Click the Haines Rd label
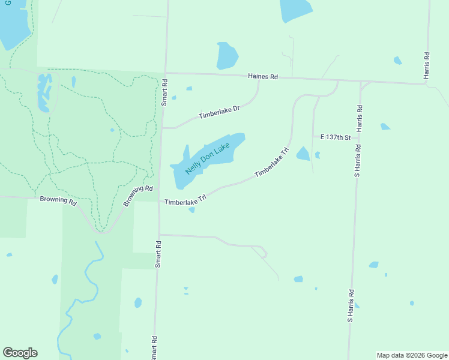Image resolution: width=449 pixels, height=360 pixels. click(264, 77)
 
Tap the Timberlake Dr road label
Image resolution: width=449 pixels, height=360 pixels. click(219, 112)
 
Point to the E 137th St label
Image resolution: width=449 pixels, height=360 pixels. click(335, 137)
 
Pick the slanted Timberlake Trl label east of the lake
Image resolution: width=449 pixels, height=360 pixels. click(272, 163)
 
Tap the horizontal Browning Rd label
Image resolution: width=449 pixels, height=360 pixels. click(58, 200)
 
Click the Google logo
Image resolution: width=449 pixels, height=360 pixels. click(20, 353)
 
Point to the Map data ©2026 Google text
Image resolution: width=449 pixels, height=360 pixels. click(412, 355)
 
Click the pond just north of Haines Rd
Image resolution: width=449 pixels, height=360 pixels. click(227, 56)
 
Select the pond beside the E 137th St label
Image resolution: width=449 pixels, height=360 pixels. click(303, 154)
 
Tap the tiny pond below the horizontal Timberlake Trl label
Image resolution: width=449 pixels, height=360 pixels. click(191, 210)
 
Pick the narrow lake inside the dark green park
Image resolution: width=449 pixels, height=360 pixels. click(43, 93)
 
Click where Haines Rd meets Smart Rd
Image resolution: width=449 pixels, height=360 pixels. click(165, 73)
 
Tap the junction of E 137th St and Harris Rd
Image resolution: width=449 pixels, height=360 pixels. click(358, 137)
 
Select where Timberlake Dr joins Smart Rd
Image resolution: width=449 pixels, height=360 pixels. click(162, 128)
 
